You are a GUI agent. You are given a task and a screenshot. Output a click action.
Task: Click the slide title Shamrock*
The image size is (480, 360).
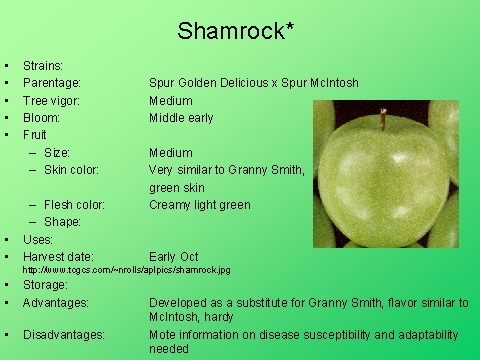click(236, 31)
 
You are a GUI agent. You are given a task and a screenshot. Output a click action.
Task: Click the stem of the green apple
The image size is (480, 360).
click(382, 120)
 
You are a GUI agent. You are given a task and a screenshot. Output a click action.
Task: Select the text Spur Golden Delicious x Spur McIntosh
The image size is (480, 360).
click(253, 83)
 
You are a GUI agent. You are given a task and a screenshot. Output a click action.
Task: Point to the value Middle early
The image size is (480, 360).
click(181, 118)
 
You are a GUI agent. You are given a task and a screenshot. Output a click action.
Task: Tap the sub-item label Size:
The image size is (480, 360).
click(57, 153)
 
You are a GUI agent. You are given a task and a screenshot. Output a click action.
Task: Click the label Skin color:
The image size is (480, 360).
click(71, 170)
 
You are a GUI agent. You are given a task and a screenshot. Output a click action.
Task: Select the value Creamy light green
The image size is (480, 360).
click(199, 205)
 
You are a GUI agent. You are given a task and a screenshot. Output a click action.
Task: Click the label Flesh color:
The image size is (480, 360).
click(74, 205)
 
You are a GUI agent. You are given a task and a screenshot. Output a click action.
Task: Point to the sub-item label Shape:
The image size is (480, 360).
click(62, 222)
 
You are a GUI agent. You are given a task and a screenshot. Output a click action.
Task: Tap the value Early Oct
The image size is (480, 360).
click(174, 257)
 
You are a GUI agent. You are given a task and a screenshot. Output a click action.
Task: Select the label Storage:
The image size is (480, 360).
click(46, 284)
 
